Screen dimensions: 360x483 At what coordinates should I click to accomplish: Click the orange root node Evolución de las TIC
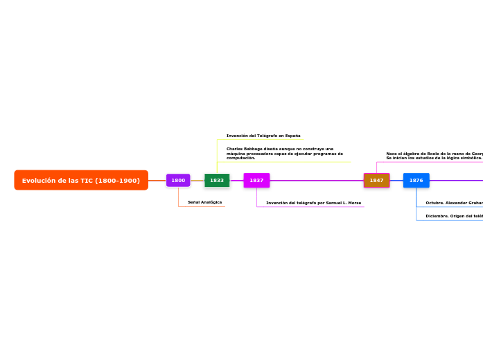(x=80, y=180)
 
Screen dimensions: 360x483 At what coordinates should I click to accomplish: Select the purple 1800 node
(x=178, y=180)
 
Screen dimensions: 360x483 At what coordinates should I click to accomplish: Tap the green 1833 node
(x=217, y=180)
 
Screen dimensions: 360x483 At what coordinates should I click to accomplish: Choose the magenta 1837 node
(x=256, y=180)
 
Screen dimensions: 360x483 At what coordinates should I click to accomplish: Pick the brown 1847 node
(x=376, y=180)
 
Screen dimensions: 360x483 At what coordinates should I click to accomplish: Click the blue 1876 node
(x=416, y=180)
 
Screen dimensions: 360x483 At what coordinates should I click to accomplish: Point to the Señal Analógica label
(x=204, y=202)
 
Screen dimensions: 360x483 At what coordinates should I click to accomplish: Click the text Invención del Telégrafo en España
(x=263, y=136)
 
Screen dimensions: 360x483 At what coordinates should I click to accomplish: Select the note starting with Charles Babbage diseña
(x=284, y=153)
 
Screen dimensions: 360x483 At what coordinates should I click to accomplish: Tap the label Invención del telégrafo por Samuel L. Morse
(x=313, y=203)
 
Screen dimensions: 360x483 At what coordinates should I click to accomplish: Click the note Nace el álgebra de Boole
(x=434, y=155)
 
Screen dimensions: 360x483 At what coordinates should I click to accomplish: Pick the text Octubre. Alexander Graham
(x=454, y=203)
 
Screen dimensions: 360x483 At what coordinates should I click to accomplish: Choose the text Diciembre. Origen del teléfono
(x=454, y=216)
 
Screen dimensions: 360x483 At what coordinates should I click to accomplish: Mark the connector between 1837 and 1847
(x=317, y=180)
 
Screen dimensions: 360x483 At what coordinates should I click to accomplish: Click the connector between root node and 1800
(x=157, y=180)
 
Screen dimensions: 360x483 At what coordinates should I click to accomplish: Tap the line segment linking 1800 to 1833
(x=197, y=180)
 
